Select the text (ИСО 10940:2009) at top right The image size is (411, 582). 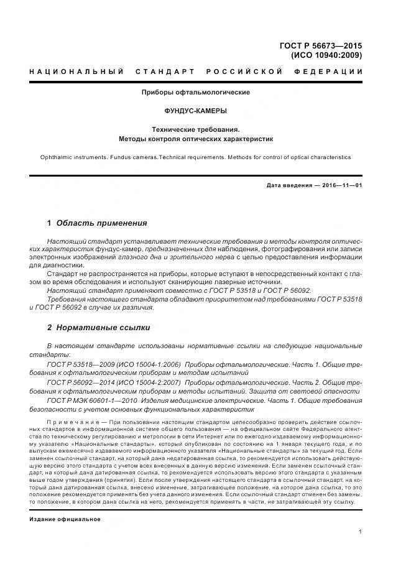(326, 55)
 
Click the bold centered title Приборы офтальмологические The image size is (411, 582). (196, 92)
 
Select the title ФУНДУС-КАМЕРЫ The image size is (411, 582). (196, 111)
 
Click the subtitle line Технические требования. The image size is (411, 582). (196, 129)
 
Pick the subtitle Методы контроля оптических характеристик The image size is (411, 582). (196, 139)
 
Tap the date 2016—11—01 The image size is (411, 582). (340, 185)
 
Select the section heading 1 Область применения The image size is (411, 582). (97, 223)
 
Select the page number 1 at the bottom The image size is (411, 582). (360, 532)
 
